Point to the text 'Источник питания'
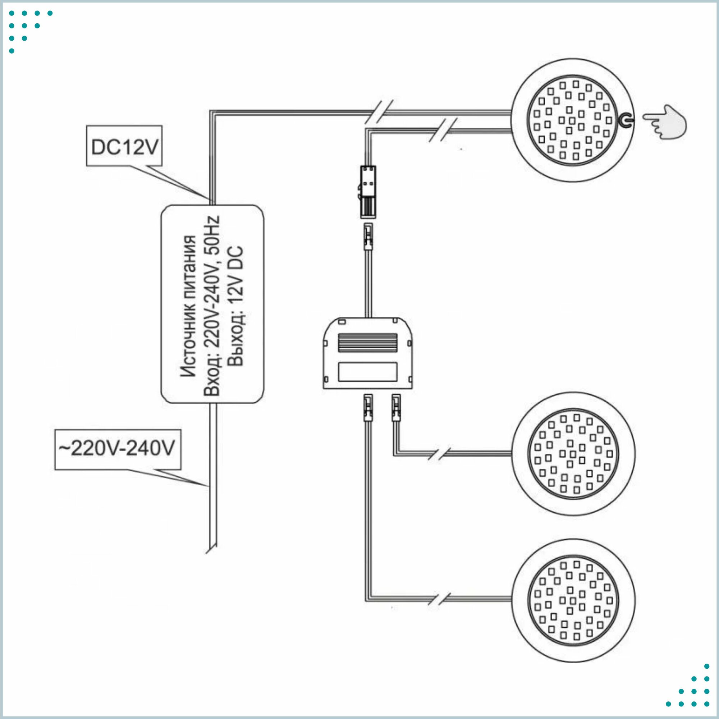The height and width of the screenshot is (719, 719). click(189, 306)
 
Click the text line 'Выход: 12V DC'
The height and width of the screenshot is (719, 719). click(236, 306)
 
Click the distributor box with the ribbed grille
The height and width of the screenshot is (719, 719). click(367, 353)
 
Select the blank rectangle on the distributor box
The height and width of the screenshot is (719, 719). click(367, 372)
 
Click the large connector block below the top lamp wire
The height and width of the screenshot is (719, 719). click(367, 192)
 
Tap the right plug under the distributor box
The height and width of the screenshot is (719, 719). click(395, 408)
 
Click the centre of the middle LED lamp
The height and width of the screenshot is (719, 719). click(573, 454)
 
